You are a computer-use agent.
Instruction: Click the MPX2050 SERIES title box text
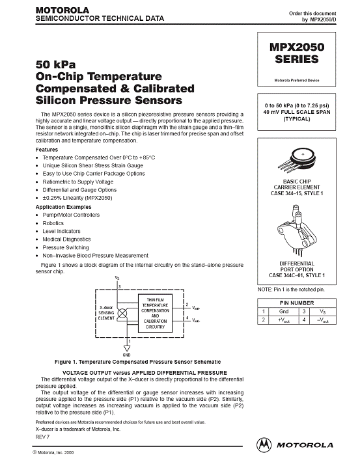(x=297, y=53)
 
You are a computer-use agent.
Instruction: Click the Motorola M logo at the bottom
(x=264, y=445)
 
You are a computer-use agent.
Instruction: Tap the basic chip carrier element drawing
(x=297, y=161)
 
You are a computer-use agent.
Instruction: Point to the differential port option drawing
(x=297, y=231)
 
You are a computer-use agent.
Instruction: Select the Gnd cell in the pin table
(x=284, y=312)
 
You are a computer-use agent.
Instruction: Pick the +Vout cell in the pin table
(x=284, y=320)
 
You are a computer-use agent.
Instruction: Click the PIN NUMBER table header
(x=297, y=303)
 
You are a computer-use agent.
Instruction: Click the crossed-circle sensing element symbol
(x=122, y=314)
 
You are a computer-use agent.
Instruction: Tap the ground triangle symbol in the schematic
(x=127, y=348)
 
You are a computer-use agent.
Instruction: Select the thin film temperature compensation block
(x=155, y=313)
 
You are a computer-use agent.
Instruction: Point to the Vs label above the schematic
(x=117, y=278)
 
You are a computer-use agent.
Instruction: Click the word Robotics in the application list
(x=53, y=223)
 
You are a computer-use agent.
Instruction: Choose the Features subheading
(x=47, y=150)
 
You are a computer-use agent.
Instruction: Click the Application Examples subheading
(x=63, y=207)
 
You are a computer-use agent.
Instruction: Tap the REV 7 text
(x=42, y=437)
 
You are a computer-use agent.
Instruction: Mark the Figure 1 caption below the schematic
(x=138, y=362)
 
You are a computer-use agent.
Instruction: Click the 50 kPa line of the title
(x=55, y=64)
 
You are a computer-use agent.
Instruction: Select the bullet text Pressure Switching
(x=66, y=247)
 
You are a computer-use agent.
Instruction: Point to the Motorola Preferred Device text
(x=297, y=80)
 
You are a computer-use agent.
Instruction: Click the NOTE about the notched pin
(x=291, y=290)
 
